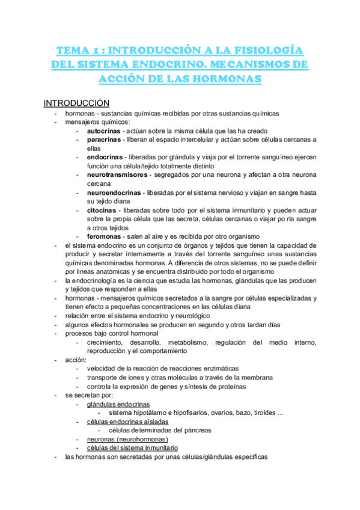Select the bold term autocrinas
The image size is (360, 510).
(x=103, y=131)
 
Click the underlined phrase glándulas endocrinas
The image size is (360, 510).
(x=118, y=404)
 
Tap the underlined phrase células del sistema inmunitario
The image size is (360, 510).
(x=132, y=448)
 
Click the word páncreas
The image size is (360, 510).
(x=197, y=431)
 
